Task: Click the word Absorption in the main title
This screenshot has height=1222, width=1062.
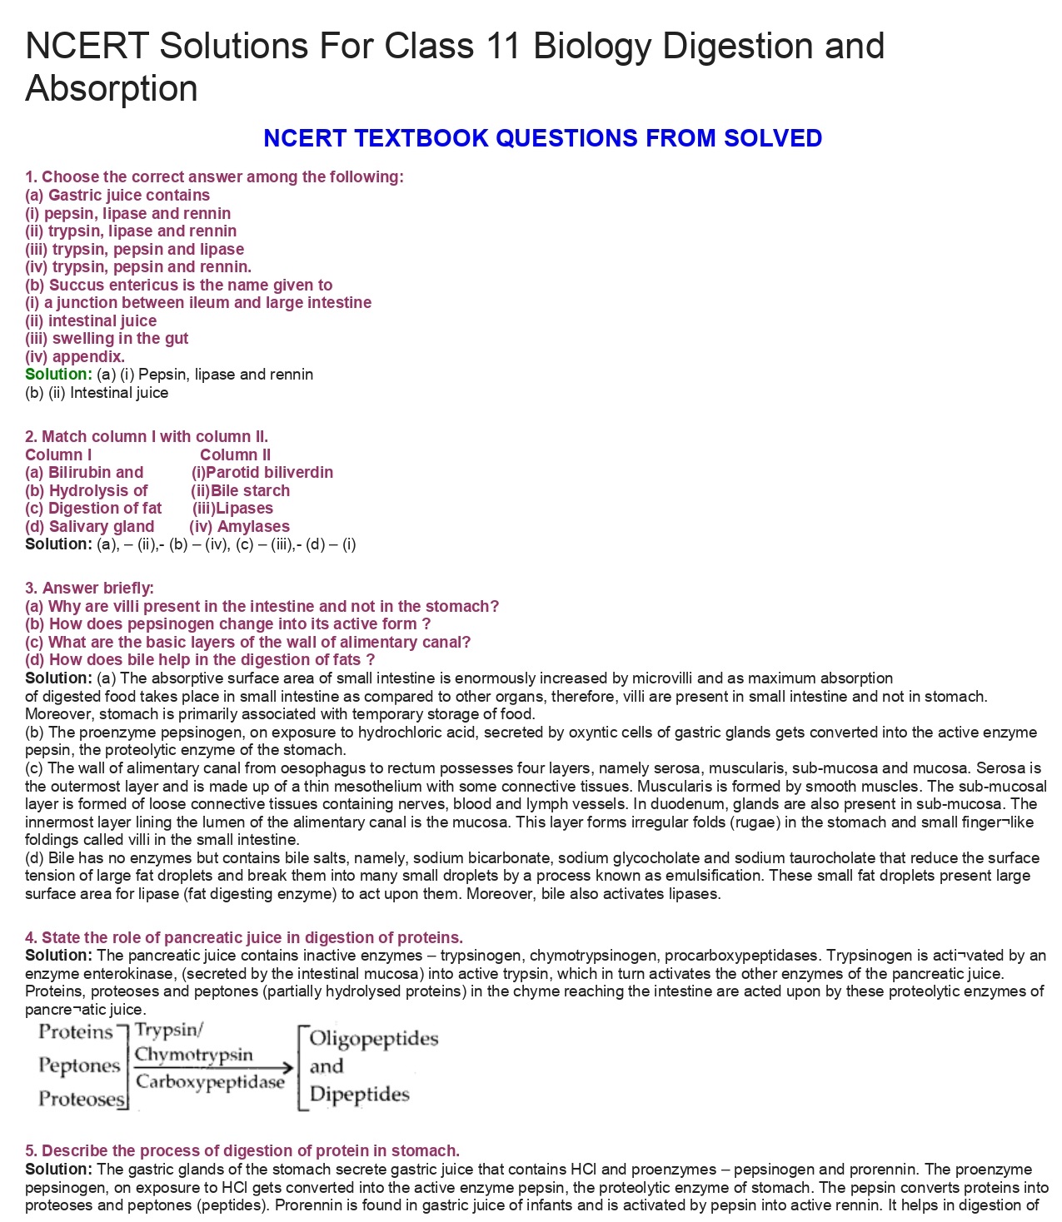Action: click(x=112, y=89)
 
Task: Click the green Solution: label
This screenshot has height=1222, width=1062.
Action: click(x=57, y=375)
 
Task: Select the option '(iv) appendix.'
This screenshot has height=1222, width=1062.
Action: click(x=75, y=357)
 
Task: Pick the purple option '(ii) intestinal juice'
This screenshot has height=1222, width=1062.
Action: click(x=91, y=321)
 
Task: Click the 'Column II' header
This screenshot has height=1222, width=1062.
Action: click(x=235, y=455)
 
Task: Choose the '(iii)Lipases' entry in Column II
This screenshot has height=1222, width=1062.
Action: click(x=232, y=509)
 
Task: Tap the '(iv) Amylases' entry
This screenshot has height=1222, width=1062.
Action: click(x=239, y=527)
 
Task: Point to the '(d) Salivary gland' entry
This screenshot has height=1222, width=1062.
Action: click(x=90, y=527)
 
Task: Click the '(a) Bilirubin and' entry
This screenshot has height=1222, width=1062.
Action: click(x=84, y=473)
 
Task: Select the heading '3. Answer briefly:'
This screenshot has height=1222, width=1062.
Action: click(x=89, y=589)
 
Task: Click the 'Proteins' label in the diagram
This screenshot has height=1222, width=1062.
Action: click(x=76, y=1032)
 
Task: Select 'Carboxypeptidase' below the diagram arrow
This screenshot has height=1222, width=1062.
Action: click(x=210, y=1082)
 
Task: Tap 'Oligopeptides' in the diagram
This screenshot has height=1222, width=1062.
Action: click(x=373, y=1039)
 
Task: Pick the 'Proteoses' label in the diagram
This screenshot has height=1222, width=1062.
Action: click(x=80, y=1099)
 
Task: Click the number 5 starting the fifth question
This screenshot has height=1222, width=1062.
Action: click(x=30, y=1151)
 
